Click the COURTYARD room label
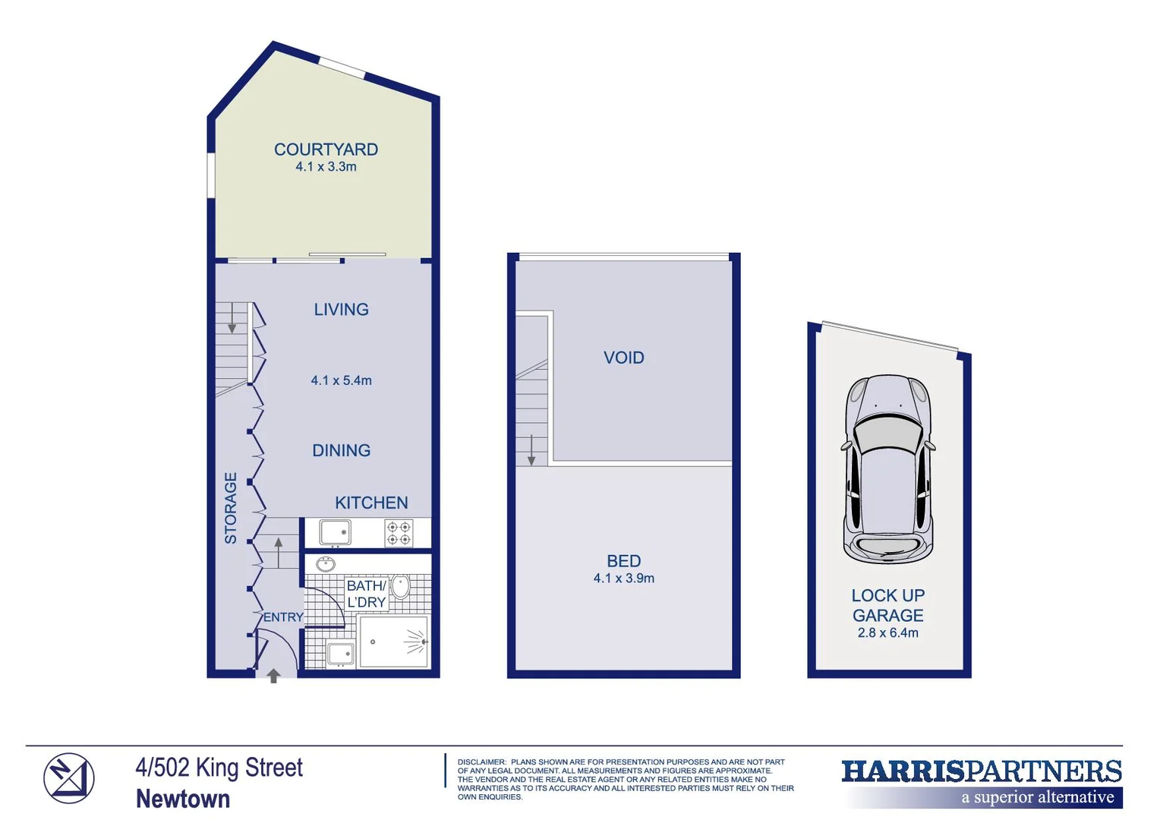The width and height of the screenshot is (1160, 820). point(326,150)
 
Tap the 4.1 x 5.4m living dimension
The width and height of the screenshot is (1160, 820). point(341,380)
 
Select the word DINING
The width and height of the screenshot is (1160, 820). point(341,450)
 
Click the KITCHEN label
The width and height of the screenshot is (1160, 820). point(371,503)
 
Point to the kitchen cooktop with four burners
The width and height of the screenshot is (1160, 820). point(399,533)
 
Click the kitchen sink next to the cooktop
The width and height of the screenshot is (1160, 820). point(335,532)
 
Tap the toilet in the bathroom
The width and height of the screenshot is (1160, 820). point(401,586)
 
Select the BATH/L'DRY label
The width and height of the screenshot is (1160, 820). point(366,594)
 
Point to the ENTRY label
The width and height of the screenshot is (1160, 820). point(283,617)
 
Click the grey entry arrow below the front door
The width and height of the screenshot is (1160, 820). point(273,675)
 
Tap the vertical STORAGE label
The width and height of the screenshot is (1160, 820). point(231,508)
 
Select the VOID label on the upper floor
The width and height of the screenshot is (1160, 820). point(623,358)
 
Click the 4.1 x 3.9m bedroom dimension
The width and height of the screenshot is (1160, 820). point(623,579)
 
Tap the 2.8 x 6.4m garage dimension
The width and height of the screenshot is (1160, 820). point(887,633)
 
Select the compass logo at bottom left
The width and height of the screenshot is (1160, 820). point(68,778)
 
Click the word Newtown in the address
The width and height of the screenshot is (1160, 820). point(183,799)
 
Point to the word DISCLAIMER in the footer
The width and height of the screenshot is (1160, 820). point(481,762)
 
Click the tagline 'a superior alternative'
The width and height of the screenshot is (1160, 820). point(1037,797)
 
